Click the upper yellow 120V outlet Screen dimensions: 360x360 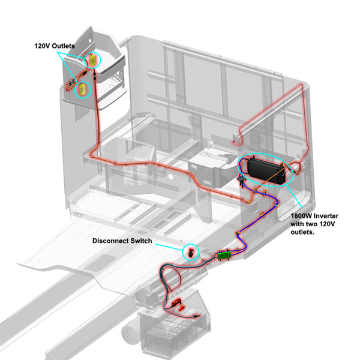[94, 59]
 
